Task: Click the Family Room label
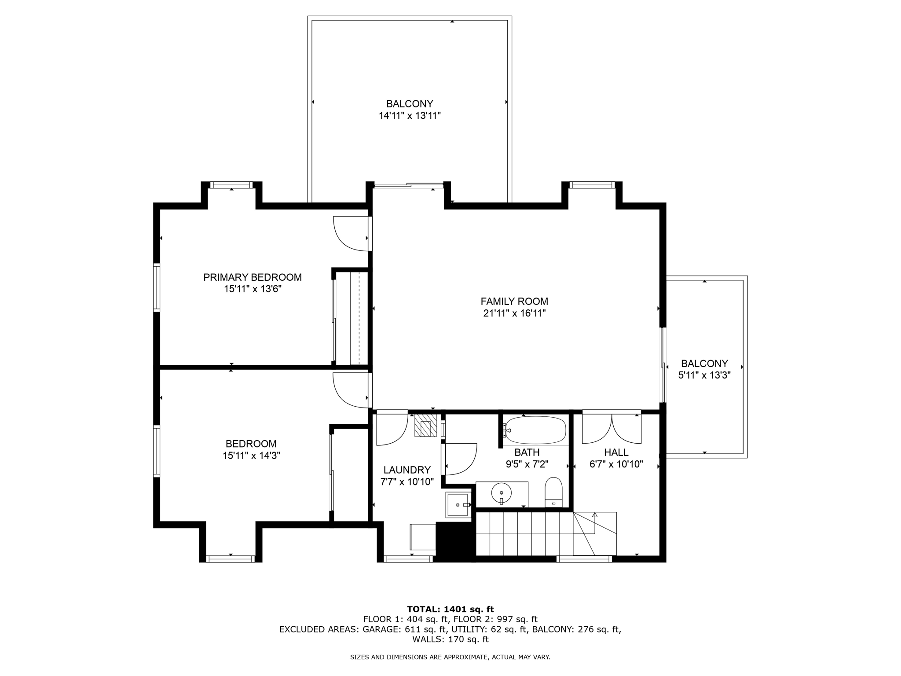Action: [x=514, y=301]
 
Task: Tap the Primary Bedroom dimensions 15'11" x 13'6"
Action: [x=253, y=289]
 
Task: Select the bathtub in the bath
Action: [x=536, y=430]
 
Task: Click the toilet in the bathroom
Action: [x=553, y=492]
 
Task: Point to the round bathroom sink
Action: [x=501, y=493]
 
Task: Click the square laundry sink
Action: [x=457, y=505]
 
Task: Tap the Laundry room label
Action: [x=407, y=470]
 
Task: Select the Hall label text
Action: [x=616, y=452]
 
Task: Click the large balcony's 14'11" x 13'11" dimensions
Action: [x=410, y=116]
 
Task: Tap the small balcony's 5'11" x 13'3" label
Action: [x=704, y=375]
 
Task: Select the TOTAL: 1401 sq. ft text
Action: [x=450, y=609]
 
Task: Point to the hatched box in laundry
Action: [x=425, y=425]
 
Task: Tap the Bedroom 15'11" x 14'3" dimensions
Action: [x=251, y=456]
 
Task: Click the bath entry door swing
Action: [x=460, y=459]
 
